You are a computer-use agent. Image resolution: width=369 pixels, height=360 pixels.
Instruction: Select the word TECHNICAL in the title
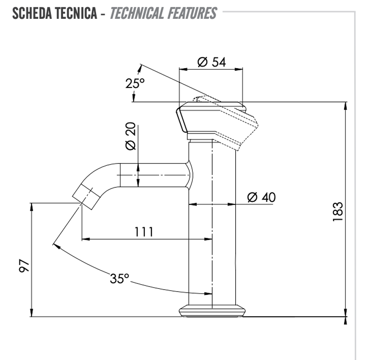137,13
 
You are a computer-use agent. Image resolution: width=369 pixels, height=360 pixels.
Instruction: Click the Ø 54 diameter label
211,62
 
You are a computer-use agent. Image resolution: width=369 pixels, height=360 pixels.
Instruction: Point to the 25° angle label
135,83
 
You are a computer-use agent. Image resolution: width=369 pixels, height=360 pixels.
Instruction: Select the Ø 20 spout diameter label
131,136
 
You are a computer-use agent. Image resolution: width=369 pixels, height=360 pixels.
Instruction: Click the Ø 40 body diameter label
261,197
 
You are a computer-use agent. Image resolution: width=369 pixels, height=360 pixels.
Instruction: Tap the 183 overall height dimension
338,211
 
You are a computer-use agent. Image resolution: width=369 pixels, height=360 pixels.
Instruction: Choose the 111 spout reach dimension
144,232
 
